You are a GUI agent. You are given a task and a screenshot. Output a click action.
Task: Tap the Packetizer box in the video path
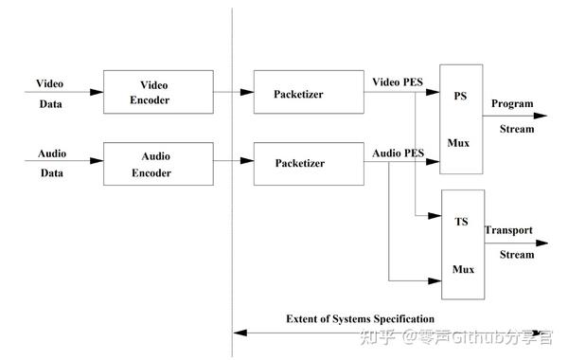point(300,91)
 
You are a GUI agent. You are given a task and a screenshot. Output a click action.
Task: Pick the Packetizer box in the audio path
point(300,162)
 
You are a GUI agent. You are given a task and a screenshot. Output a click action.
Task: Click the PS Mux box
point(461,119)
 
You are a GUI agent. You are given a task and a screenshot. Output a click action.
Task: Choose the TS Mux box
point(462,244)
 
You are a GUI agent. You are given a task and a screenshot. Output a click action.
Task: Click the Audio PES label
point(398,152)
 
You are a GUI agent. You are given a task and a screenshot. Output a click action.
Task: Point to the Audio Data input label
point(49,162)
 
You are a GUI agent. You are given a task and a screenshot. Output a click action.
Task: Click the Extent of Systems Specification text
point(360,318)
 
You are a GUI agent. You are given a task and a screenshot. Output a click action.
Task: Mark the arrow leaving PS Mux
point(511,118)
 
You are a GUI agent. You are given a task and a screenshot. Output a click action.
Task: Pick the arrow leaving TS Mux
point(511,243)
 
